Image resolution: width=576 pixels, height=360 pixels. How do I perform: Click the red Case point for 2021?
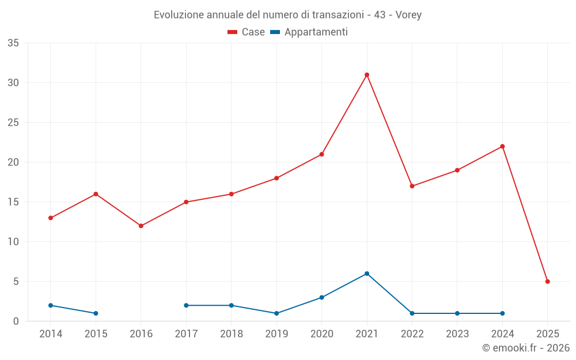(x=367, y=75)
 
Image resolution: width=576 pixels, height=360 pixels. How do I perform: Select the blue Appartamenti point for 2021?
(x=367, y=274)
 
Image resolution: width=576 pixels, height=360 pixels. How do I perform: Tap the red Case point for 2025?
(x=548, y=282)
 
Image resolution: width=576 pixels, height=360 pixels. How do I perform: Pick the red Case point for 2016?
(x=141, y=226)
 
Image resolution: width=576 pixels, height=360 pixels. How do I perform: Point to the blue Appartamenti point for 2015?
(x=96, y=313)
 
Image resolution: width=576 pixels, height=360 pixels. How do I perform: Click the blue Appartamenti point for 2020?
(x=321, y=297)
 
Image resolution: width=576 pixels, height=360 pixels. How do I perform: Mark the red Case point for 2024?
(x=502, y=146)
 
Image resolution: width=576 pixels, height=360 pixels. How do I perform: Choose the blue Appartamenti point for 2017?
(x=186, y=305)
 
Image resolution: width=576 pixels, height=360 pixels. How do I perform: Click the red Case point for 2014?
(x=51, y=218)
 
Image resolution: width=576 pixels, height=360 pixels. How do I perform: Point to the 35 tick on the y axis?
(x=13, y=43)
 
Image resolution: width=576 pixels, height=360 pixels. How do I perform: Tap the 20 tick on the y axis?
(x=13, y=162)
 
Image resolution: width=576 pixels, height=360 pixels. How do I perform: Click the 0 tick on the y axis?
(x=16, y=321)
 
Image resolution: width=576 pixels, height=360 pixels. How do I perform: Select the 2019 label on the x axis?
(x=276, y=334)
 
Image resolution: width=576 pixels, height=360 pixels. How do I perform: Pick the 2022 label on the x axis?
(x=412, y=334)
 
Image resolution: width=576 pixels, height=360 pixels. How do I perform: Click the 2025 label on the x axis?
(x=548, y=334)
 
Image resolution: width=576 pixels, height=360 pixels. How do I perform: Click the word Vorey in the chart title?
(x=408, y=15)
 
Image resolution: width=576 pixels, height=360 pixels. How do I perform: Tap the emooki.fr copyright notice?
(x=525, y=348)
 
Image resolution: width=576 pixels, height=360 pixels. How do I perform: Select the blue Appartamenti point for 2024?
(x=502, y=313)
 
